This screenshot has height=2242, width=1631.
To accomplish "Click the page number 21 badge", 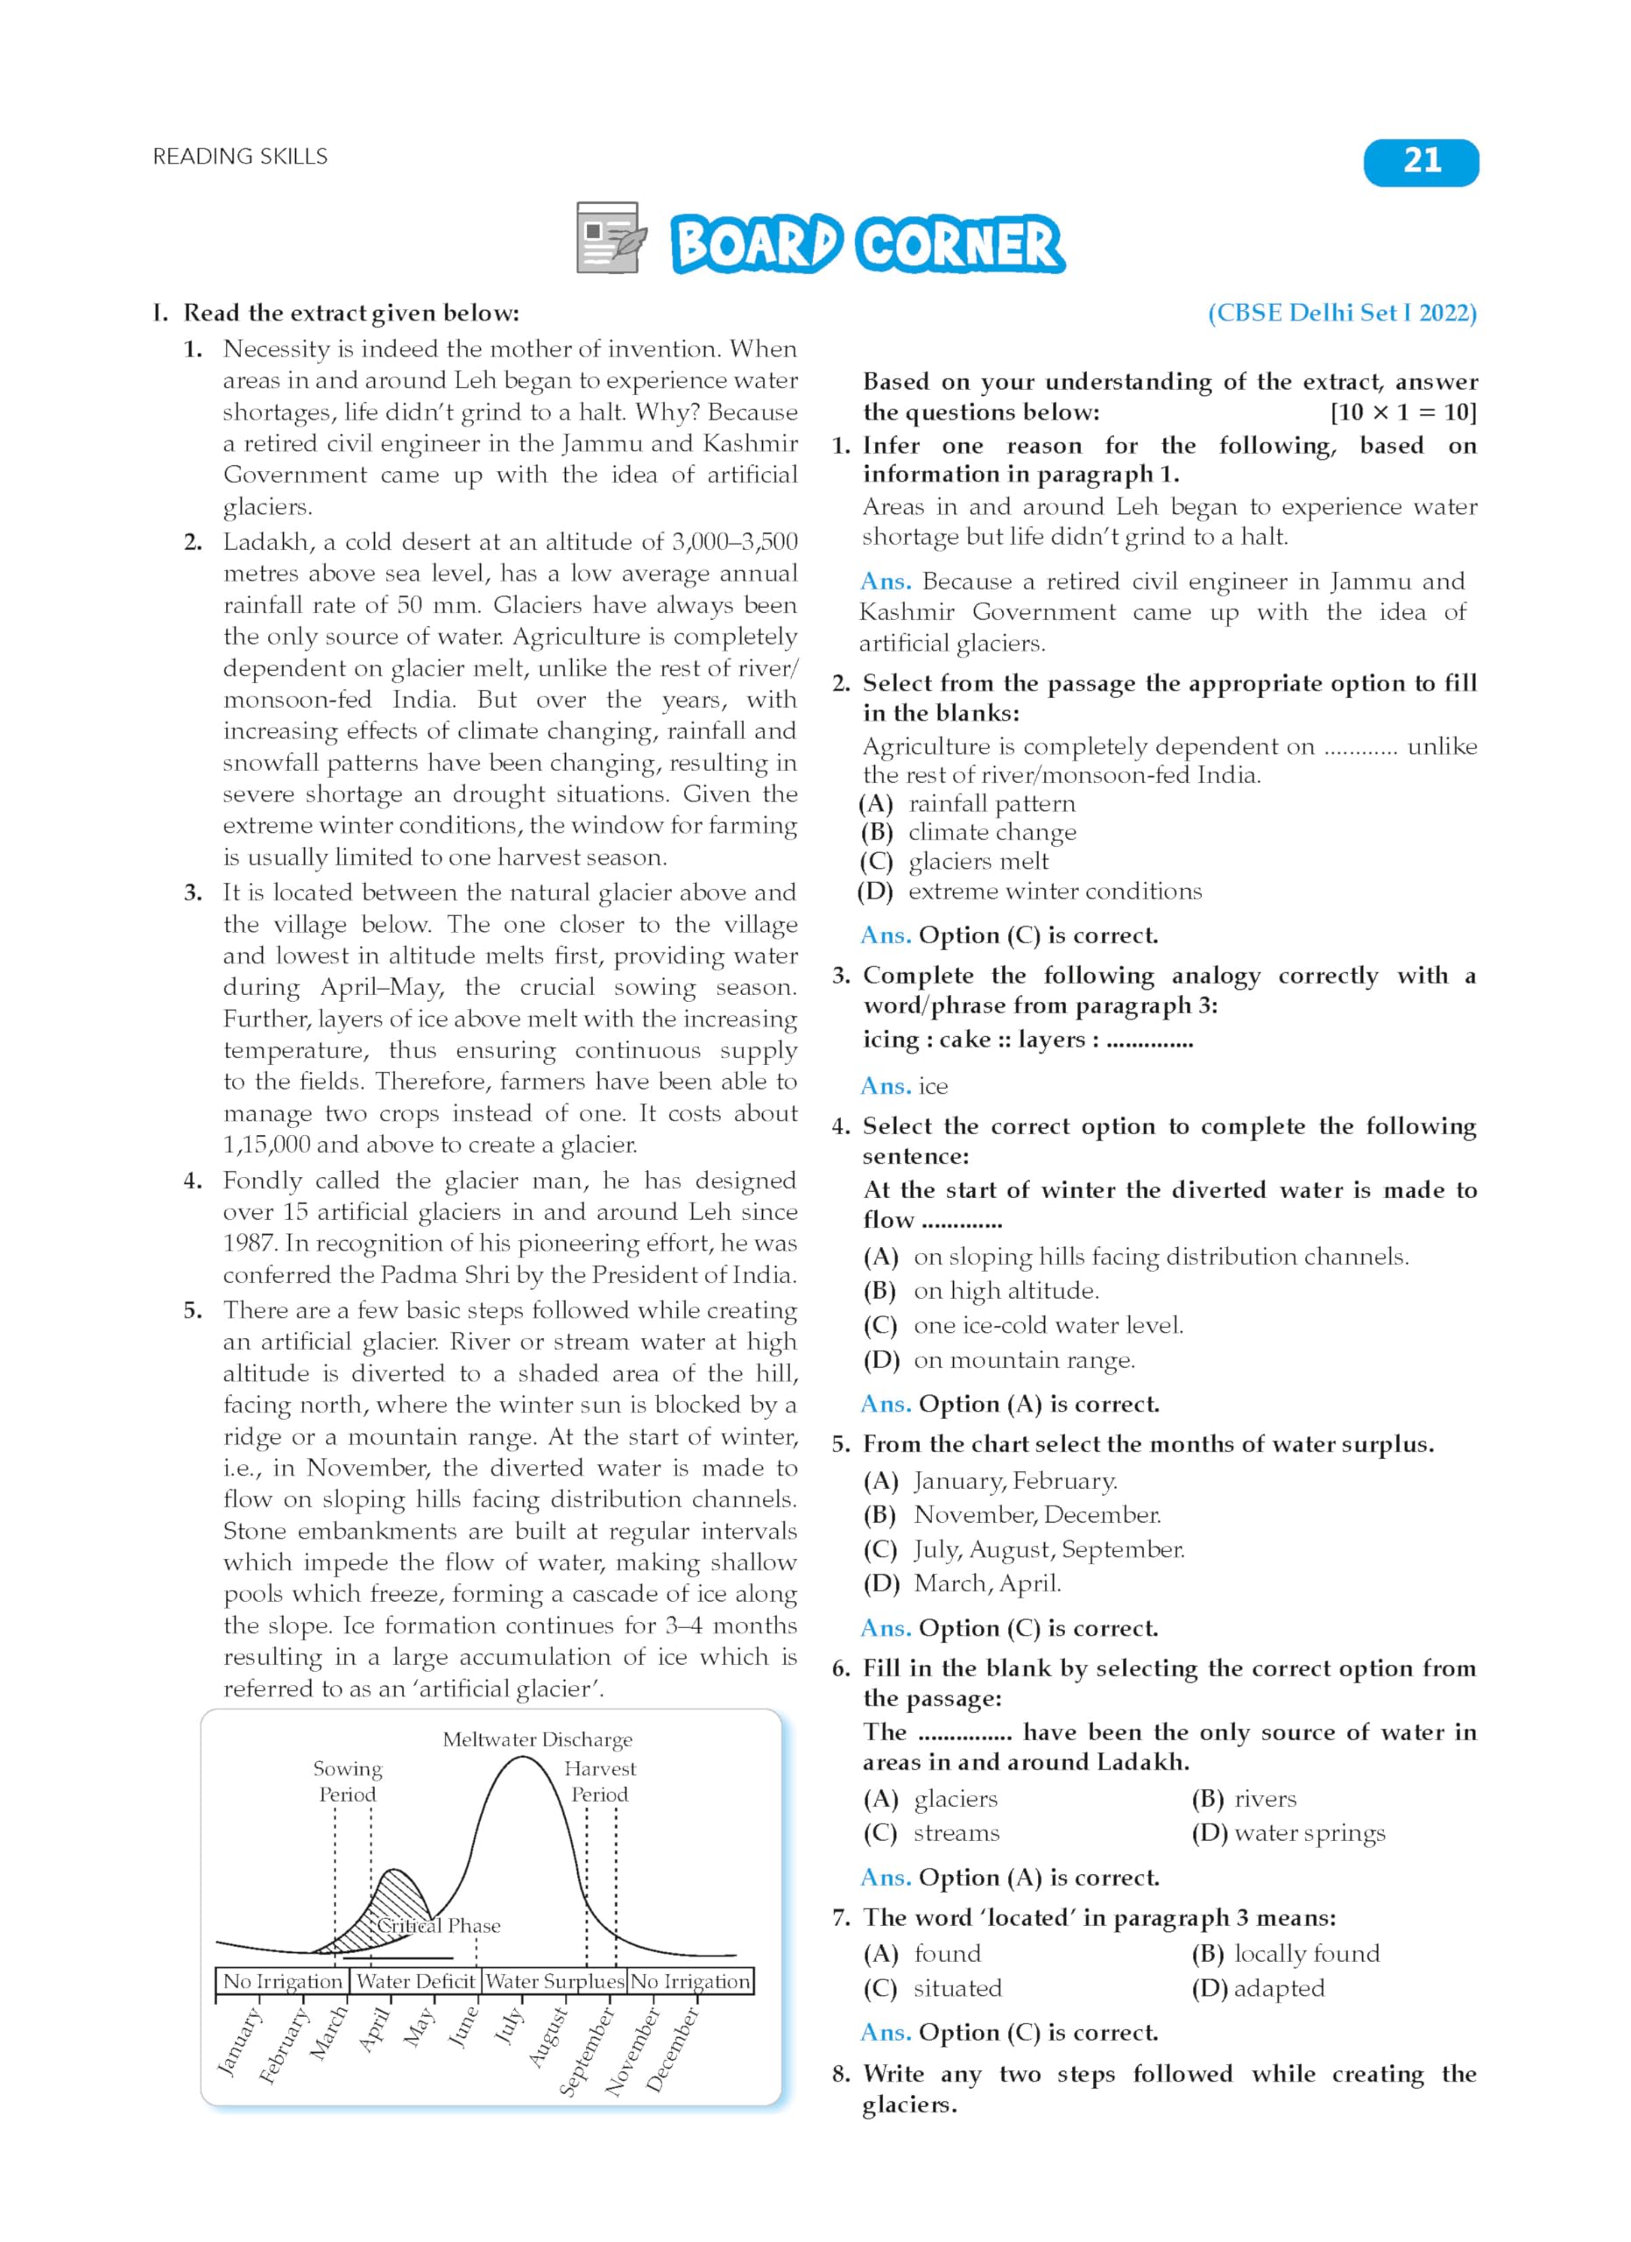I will click(x=1421, y=162).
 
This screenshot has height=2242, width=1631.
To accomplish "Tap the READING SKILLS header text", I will click(x=240, y=156).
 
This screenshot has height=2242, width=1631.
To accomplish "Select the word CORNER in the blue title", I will click(x=959, y=244).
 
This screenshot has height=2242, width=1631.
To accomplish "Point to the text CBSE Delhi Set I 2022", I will click(x=1341, y=314).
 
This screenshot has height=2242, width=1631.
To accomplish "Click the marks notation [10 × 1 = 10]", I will click(x=1402, y=412).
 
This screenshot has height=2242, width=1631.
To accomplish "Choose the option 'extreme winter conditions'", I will click(x=1055, y=892).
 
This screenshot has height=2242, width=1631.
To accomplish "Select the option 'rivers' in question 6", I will click(x=1265, y=1799).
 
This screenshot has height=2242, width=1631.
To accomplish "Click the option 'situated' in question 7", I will click(x=957, y=1988).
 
